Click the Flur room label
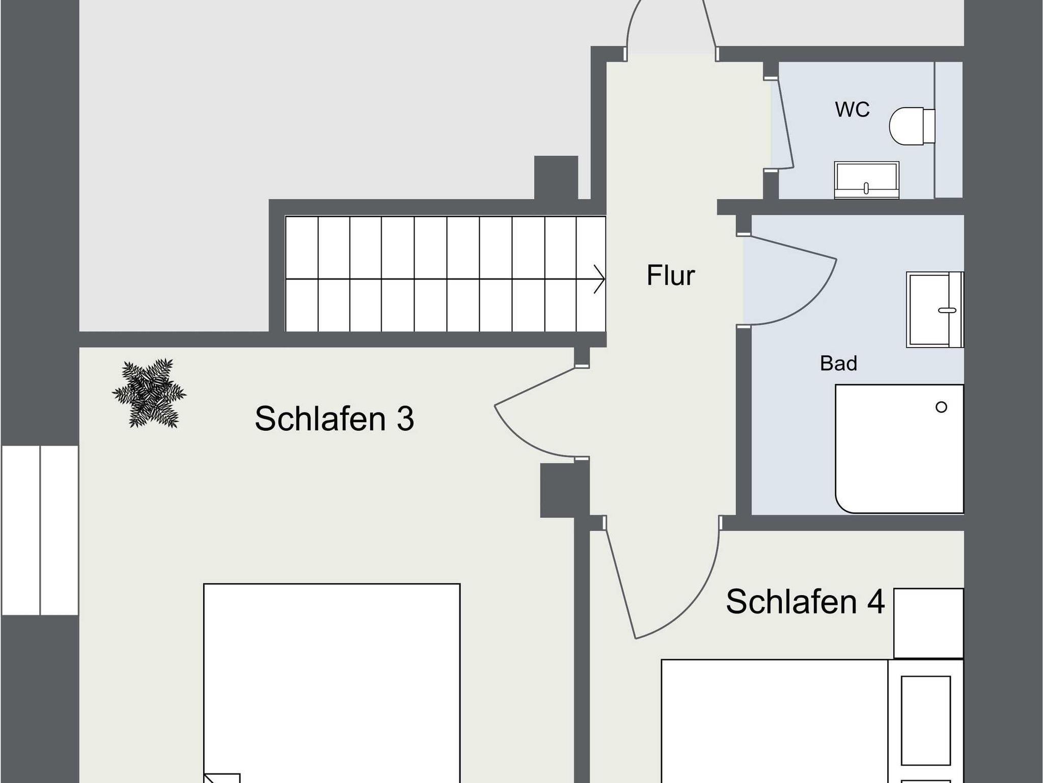pyautogui.click(x=670, y=275)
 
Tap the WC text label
pyautogui.click(x=852, y=109)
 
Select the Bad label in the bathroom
pyautogui.click(x=838, y=363)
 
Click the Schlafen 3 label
pyautogui.click(x=334, y=418)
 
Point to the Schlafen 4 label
pyautogui.click(x=805, y=601)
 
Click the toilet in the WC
pyautogui.click(x=912, y=126)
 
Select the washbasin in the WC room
pyautogui.click(x=866, y=180)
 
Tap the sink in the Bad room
pyautogui.click(x=935, y=310)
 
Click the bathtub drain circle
pyautogui.click(x=941, y=407)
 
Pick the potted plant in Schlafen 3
pyautogui.click(x=149, y=393)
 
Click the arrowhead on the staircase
pyautogui.click(x=600, y=279)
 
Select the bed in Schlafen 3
pyautogui.click(x=332, y=683)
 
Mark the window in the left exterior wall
pyautogui.click(x=40, y=530)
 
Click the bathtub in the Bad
pyautogui.click(x=899, y=449)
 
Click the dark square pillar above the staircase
pyautogui.click(x=556, y=177)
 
